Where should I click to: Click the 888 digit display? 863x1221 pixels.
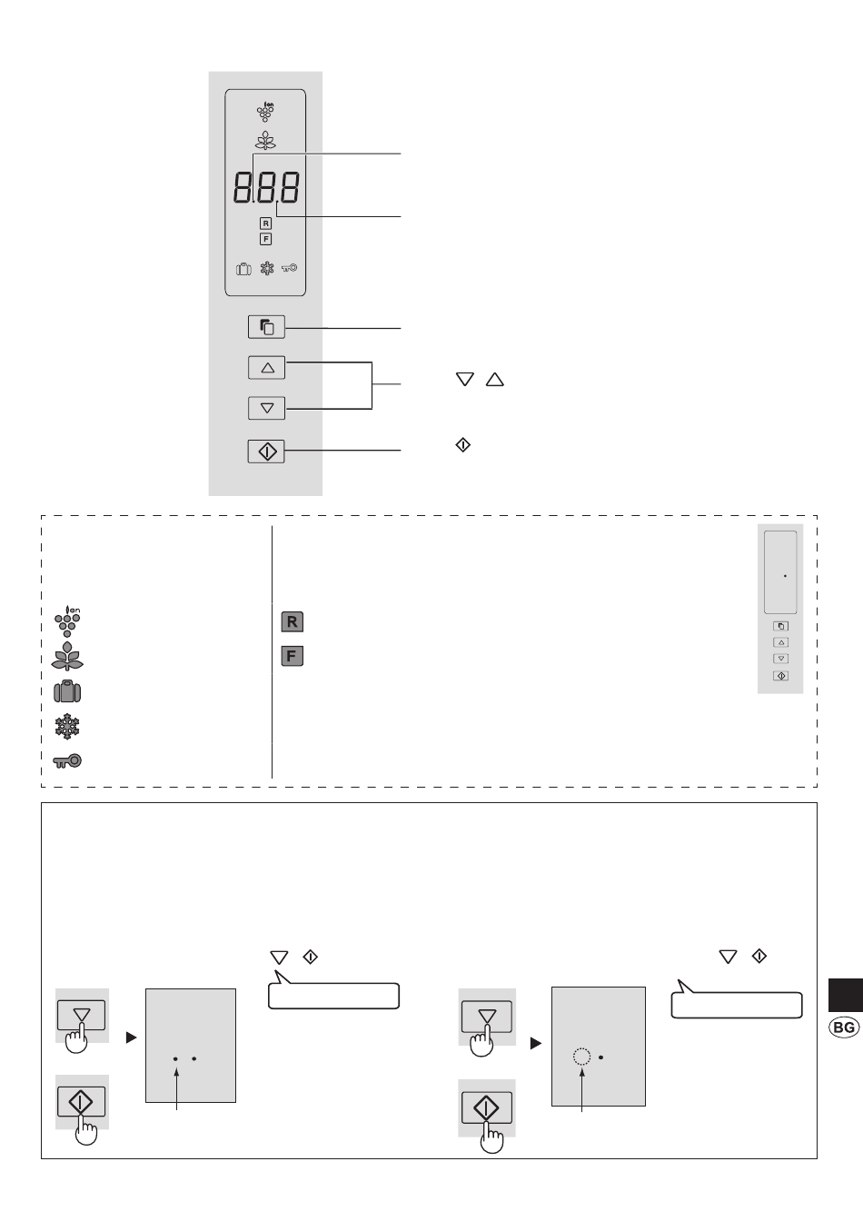point(266,187)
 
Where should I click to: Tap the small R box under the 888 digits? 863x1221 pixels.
point(265,223)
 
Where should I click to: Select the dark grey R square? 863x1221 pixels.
point(293,622)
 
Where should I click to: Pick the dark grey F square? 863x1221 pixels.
point(293,656)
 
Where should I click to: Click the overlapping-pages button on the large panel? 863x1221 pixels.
point(266,327)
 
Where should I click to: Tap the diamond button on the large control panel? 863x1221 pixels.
point(266,452)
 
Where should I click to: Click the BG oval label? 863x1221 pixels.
point(844,1027)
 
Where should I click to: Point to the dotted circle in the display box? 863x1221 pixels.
point(581,1057)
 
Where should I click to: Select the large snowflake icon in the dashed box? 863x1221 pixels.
point(67,726)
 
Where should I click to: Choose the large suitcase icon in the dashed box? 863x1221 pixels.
point(67,691)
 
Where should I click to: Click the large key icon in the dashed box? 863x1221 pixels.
point(67,760)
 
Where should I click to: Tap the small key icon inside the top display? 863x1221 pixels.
point(290,268)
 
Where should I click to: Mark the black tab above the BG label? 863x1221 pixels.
point(846,995)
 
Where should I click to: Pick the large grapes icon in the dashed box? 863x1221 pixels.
point(67,621)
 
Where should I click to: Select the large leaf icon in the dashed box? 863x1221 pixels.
point(67,656)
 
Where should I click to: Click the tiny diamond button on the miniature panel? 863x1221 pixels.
point(781,676)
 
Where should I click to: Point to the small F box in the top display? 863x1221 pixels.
point(265,239)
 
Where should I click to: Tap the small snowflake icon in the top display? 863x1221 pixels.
point(267,268)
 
